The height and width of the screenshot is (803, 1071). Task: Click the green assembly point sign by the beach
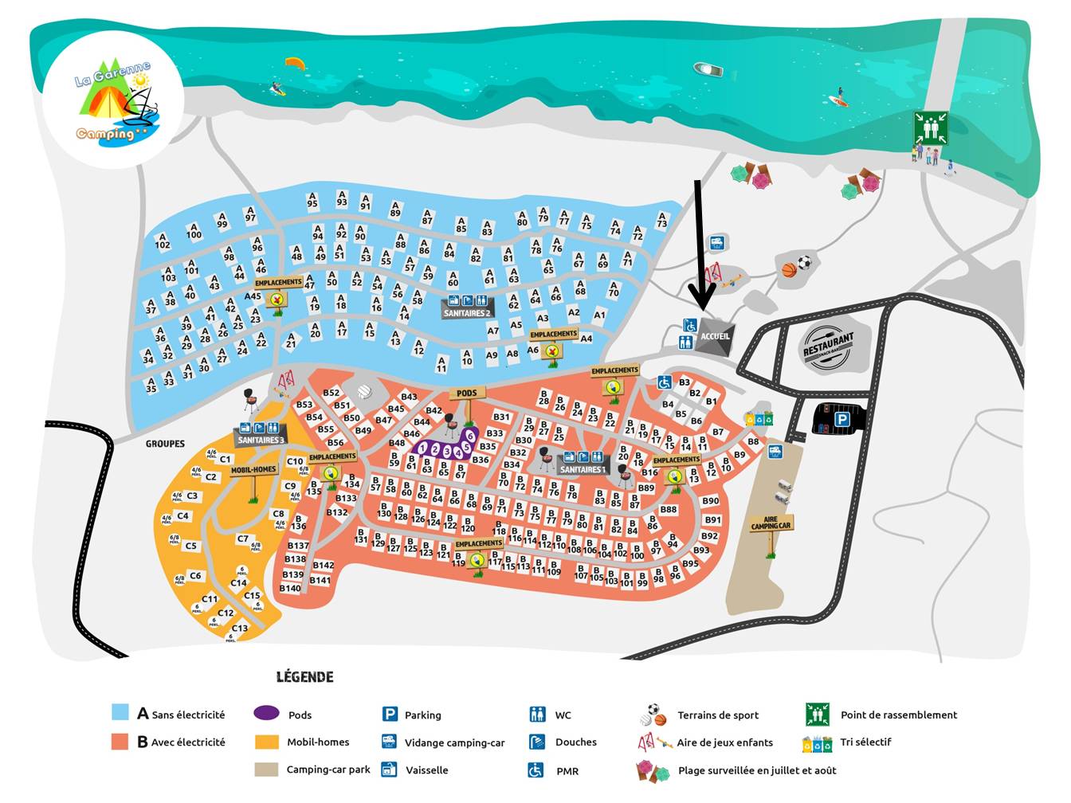[x=931, y=128]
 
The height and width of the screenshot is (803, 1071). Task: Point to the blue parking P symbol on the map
[x=841, y=419]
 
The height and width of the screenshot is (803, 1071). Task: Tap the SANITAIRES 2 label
[x=467, y=313]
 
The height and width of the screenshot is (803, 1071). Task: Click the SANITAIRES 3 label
[x=261, y=440]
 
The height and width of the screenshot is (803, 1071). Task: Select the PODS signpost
[x=467, y=394]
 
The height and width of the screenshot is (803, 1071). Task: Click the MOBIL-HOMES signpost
[x=253, y=470]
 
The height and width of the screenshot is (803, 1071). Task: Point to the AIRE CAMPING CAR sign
[x=771, y=523]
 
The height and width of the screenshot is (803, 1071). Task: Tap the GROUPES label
[x=165, y=444]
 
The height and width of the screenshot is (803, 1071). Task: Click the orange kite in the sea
[x=295, y=62]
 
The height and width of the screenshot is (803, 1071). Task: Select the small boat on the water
[x=708, y=69]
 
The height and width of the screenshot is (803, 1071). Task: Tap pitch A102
[x=163, y=241]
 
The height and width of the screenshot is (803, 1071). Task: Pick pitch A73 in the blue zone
[x=661, y=220]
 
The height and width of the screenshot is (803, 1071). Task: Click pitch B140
[x=290, y=589]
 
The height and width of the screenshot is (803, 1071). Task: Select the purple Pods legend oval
[x=266, y=714]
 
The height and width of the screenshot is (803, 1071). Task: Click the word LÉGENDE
[x=304, y=677]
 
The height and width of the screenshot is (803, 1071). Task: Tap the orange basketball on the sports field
[x=789, y=270]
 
